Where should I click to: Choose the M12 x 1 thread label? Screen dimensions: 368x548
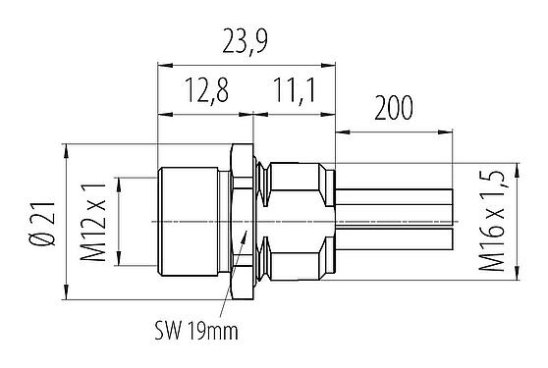pos(93,221)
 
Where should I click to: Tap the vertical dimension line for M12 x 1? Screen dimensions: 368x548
pos(118,221)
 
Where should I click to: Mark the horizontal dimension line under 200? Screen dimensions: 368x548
pos(393,131)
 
